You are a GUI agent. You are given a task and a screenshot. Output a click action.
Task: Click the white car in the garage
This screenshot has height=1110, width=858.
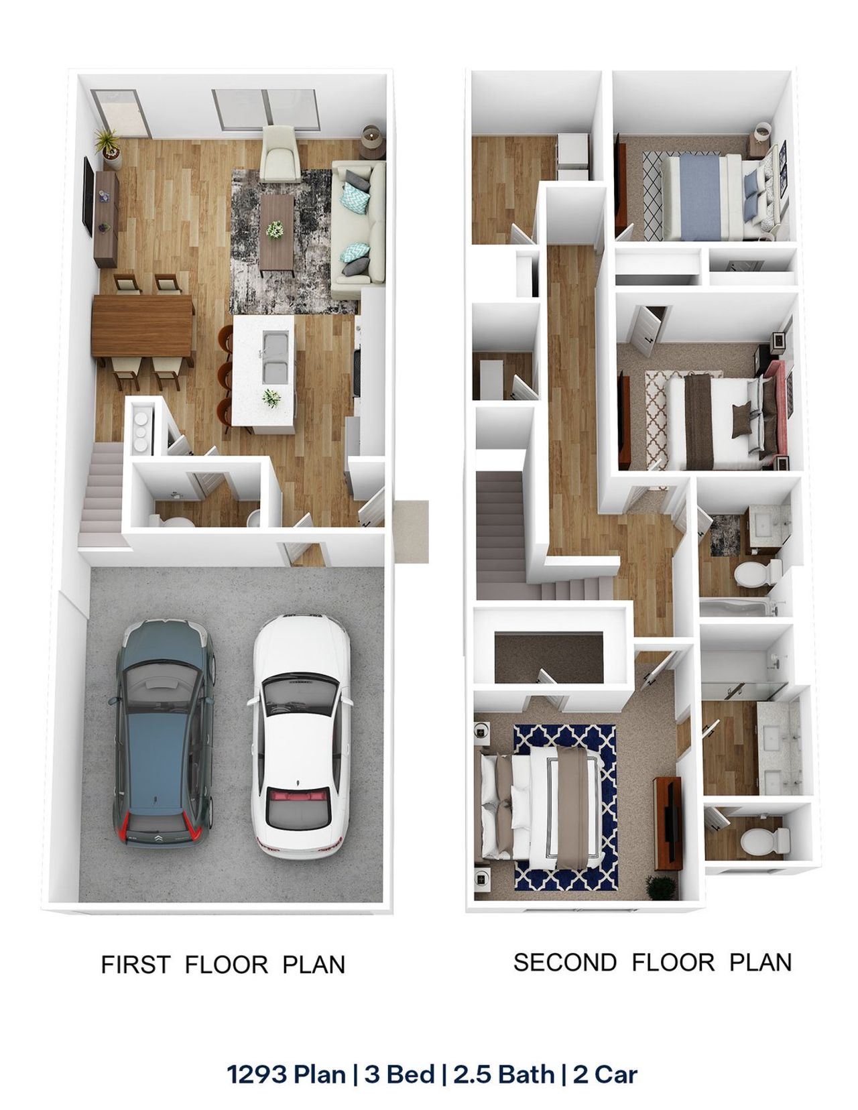(x=300, y=737)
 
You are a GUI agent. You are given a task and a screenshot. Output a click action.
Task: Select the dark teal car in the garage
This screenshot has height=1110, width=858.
(x=163, y=734)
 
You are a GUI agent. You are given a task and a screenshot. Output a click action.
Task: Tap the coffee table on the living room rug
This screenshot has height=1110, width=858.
(x=277, y=231)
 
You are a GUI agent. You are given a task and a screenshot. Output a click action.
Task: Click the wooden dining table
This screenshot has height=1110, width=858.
(x=143, y=326)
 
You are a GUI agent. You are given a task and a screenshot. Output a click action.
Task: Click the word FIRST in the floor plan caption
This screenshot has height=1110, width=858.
(x=135, y=965)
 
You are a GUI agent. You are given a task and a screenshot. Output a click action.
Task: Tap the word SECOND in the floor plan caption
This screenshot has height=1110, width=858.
(x=564, y=962)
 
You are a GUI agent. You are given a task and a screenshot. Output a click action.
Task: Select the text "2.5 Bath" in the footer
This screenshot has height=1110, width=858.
(x=503, y=1074)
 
